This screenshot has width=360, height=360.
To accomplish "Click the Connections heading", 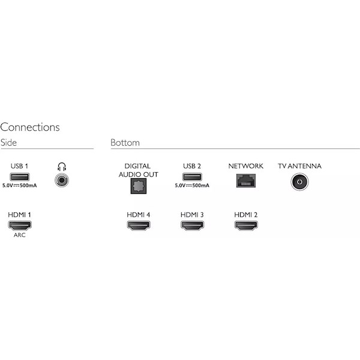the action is click(x=30, y=127).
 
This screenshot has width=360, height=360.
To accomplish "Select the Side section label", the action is click(x=8, y=143).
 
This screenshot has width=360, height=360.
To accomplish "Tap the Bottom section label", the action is click(x=125, y=143).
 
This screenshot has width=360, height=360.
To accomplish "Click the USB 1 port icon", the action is click(x=20, y=177).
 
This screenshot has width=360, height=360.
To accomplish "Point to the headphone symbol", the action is click(x=62, y=167).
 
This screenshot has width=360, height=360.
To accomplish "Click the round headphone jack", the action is click(x=62, y=180).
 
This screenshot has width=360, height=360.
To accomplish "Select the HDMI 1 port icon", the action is click(x=20, y=226).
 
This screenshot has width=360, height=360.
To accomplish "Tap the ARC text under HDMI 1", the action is click(x=20, y=235).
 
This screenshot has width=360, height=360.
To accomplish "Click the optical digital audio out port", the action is click(x=139, y=186).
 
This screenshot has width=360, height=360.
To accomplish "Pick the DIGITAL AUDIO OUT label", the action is click(x=138, y=170).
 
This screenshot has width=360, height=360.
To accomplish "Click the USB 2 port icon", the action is click(x=192, y=177).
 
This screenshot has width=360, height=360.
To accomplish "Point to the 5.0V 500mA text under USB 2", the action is click(x=192, y=185).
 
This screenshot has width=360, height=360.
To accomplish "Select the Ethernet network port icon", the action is click(x=246, y=181).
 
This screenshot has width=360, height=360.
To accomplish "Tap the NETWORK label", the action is click(x=246, y=166).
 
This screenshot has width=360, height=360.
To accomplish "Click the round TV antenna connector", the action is click(x=299, y=182).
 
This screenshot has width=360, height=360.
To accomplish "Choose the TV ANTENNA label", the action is click(x=299, y=166).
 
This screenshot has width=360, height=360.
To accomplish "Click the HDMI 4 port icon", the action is click(x=139, y=226).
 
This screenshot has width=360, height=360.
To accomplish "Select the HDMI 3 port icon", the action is click(x=193, y=226).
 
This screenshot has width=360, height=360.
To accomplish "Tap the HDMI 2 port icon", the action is click(x=246, y=226).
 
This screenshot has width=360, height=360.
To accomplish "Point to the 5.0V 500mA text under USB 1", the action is click(x=20, y=185).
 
